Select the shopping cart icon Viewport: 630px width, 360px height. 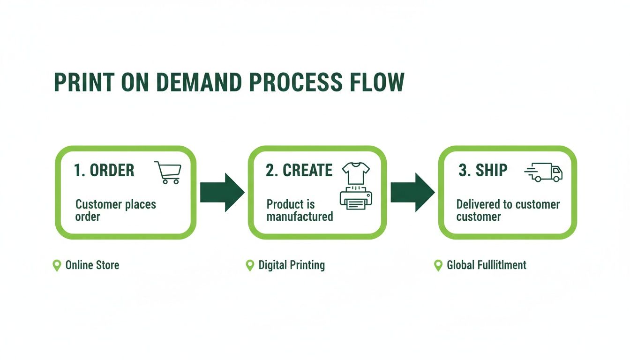pyautogui.click(x=168, y=172)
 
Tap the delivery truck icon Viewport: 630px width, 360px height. pyautogui.click(x=544, y=172)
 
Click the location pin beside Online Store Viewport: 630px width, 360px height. pyautogui.click(x=57, y=266)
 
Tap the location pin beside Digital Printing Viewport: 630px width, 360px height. pyautogui.click(x=250, y=266)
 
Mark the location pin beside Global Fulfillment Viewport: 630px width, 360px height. pyautogui.click(x=438, y=266)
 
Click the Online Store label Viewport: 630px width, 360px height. pyautogui.click(x=92, y=265)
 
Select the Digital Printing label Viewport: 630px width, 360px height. pyautogui.click(x=292, y=265)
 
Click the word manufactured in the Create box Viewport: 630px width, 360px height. pyautogui.click(x=300, y=217)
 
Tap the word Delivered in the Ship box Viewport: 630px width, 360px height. pyautogui.click(x=479, y=205)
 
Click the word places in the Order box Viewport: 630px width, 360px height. pyautogui.click(x=141, y=205)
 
